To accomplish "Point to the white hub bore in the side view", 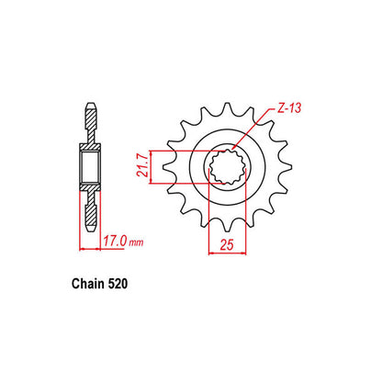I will click(92, 167).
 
